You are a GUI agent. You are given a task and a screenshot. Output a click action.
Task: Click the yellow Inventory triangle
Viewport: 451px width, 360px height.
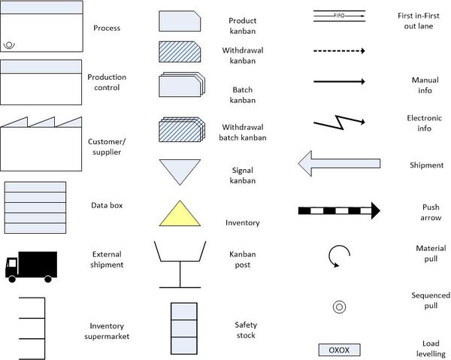[180, 215]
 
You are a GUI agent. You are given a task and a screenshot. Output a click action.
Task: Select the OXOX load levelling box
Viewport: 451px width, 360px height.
[339, 350]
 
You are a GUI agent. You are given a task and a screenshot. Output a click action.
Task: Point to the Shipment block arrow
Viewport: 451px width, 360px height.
[339, 163]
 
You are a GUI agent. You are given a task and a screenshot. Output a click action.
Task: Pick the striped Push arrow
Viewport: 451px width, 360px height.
[339, 210]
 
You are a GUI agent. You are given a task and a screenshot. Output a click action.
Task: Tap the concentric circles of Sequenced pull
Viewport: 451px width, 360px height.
[339, 307]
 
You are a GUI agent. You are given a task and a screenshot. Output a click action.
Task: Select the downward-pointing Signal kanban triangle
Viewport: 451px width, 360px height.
[180, 170]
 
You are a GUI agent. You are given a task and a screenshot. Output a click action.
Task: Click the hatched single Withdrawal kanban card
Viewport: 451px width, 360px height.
[180, 52]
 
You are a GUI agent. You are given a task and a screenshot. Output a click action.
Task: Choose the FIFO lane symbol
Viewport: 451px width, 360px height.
[339, 16]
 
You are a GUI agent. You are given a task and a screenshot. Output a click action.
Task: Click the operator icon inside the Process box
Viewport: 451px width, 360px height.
[9, 45]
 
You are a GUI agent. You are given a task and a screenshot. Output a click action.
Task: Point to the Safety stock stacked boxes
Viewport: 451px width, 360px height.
[184, 328]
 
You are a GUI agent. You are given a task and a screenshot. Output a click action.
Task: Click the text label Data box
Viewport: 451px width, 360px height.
[107, 205]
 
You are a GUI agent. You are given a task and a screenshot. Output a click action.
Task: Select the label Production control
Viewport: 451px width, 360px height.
[107, 82]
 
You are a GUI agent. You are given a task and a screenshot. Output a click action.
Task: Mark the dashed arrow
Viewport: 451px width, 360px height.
[339, 51]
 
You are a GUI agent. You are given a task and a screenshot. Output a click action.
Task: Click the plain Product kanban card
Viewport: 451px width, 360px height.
[180, 21]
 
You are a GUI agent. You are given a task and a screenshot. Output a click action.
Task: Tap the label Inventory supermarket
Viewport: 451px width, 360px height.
[107, 331]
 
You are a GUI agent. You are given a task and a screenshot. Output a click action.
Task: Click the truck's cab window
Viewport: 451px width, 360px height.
[12, 263]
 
